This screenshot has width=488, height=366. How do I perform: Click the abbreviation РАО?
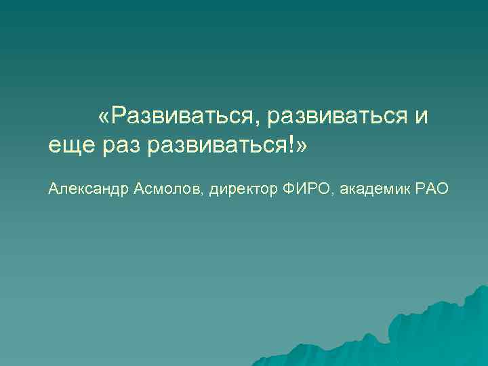click(434, 189)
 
